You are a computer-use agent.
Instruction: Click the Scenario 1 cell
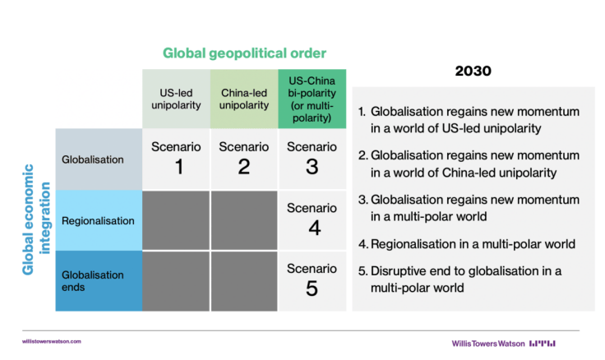click(176, 159)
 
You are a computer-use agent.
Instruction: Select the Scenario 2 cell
click(244, 159)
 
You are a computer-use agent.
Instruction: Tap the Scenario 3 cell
click(312, 159)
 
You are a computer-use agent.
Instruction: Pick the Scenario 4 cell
click(312, 220)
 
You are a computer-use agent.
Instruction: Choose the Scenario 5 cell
click(312, 281)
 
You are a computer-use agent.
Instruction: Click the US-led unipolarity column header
click(176, 99)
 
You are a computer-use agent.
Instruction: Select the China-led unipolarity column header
click(244, 99)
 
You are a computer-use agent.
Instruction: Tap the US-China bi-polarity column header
click(312, 99)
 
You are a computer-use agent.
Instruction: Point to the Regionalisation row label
click(99, 220)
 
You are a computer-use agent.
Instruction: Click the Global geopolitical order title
click(244, 53)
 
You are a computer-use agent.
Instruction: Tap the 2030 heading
click(473, 71)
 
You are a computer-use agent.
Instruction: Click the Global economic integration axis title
click(36, 219)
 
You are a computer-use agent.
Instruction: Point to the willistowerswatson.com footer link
click(52, 341)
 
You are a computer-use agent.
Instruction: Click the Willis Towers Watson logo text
click(488, 344)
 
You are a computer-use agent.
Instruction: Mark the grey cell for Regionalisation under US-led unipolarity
click(176, 220)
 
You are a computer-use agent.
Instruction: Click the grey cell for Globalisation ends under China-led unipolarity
click(244, 281)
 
